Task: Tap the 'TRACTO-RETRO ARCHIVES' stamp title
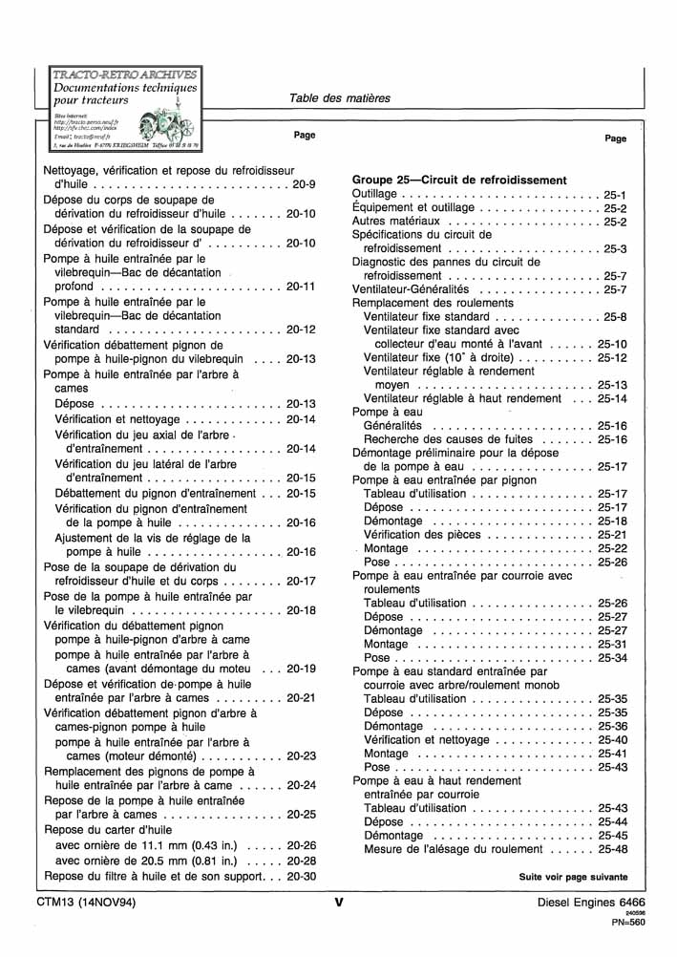coord(124,74)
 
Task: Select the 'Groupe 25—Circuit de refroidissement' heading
coord(459,180)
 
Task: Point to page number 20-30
coord(301,876)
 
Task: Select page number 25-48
coord(612,849)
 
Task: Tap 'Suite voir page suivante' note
coord(573,877)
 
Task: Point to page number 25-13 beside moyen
coord(612,385)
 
